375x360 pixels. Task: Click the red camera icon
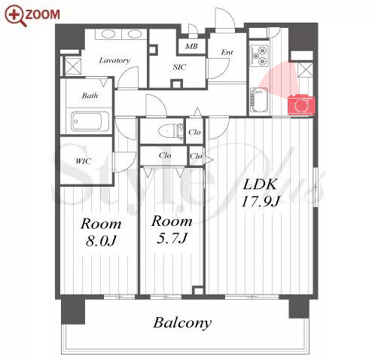[301, 105]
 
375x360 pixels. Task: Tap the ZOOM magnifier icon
[16, 16]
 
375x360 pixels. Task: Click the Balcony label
[182, 323]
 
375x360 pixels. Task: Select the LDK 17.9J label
[261, 193]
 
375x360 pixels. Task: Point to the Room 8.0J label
[101, 233]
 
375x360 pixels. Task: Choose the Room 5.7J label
[172, 230]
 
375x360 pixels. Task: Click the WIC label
[83, 161]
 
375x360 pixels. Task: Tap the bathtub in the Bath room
[90, 121]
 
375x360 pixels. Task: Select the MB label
[191, 46]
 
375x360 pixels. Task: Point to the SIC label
[179, 67]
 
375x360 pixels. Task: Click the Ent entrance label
[227, 52]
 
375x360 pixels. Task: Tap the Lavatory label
[114, 60]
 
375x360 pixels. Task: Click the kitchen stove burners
[259, 56]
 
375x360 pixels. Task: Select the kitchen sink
[258, 100]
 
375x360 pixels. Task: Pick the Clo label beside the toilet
[194, 132]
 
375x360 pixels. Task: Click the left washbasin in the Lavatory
[108, 34]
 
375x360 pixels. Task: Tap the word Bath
[90, 96]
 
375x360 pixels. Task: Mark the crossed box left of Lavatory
[73, 66]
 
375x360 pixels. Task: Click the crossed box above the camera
[305, 69]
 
